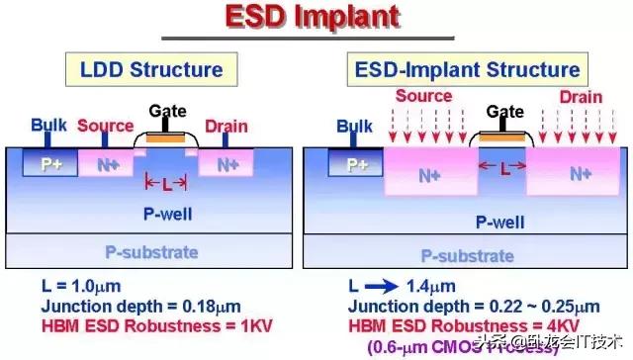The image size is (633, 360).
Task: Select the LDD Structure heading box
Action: (151, 69)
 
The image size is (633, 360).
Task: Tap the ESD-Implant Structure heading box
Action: (464, 69)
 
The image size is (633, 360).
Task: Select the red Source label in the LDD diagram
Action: (105, 126)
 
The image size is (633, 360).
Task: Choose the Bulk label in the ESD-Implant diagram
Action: (354, 126)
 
